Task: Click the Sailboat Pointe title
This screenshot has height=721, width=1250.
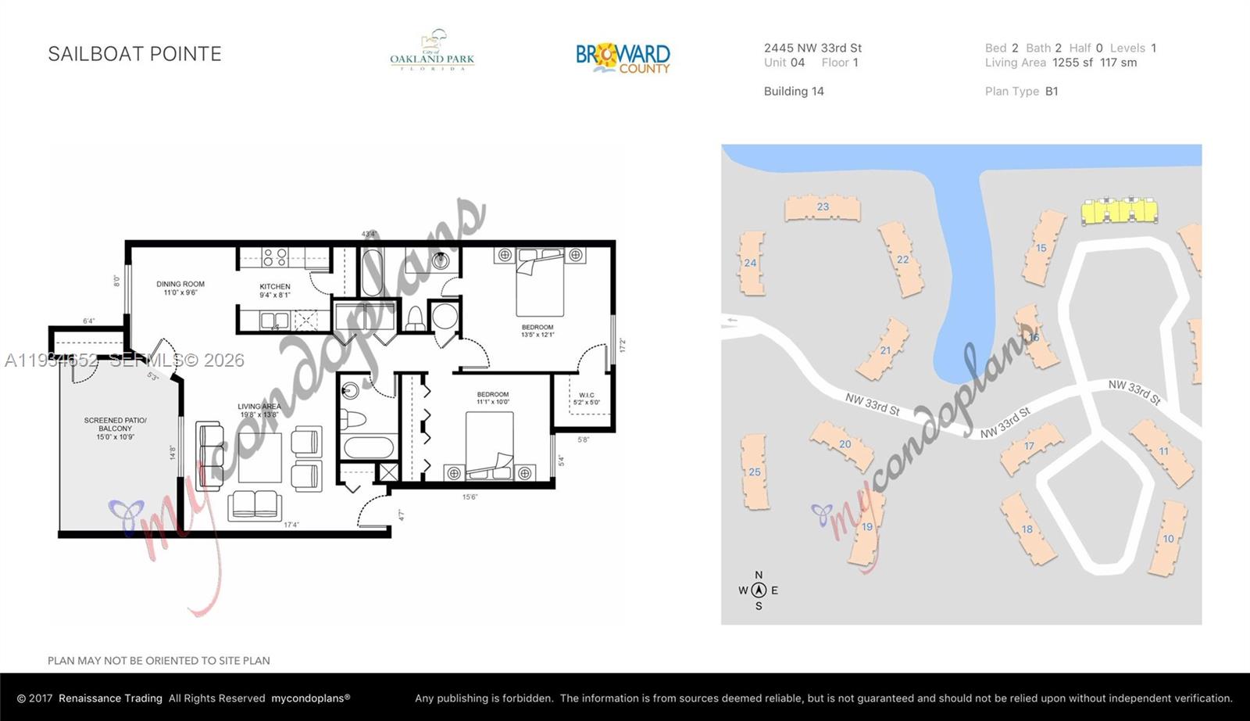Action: pyautogui.click(x=134, y=54)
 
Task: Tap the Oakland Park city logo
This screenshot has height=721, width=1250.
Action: pyautogui.click(x=432, y=52)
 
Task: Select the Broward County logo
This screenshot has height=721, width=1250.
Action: pyautogui.click(x=623, y=57)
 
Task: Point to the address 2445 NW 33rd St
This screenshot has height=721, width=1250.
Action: pyautogui.click(x=812, y=48)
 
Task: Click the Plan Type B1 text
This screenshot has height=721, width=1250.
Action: pyautogui.click(x=1021, y=91)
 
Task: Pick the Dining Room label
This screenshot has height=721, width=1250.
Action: pyautogui.click(x=180, y=288)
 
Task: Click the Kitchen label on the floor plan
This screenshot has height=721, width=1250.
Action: pyautogui.click(x=275, y=290)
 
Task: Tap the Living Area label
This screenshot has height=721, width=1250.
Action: pyautogui.click(x=259, y=410)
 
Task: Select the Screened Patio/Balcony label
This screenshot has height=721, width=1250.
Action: pyautogui.click(x=116, y=429)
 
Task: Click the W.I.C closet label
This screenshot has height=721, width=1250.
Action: pyautogui.click(x=586, y=399)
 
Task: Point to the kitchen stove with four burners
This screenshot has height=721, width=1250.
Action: pyautogui.click(x=274, y=257)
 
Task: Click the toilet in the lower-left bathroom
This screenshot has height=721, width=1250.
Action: pyautogui.click(x=354, y=419)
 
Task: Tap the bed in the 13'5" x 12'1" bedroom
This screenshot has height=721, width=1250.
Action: pyautogui.click(x=540, y=282)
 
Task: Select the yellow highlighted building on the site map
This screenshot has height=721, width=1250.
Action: pyautogui.click(x=1118, y=211)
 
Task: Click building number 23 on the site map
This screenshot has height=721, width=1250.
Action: pyautogui.click(x=822, y=207)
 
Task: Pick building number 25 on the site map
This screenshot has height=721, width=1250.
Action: pyautogui.click(x=754, y=472)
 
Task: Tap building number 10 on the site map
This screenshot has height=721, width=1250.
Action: pyautogui.click(x=1168, y=538)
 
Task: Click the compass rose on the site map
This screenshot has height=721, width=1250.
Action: pyautogui.click(x=758, y=590)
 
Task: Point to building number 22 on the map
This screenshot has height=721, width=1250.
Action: pyautogui.click(x=902, y=260)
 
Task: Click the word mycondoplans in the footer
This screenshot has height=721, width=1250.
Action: pyautogui.click(x=310, y=698)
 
